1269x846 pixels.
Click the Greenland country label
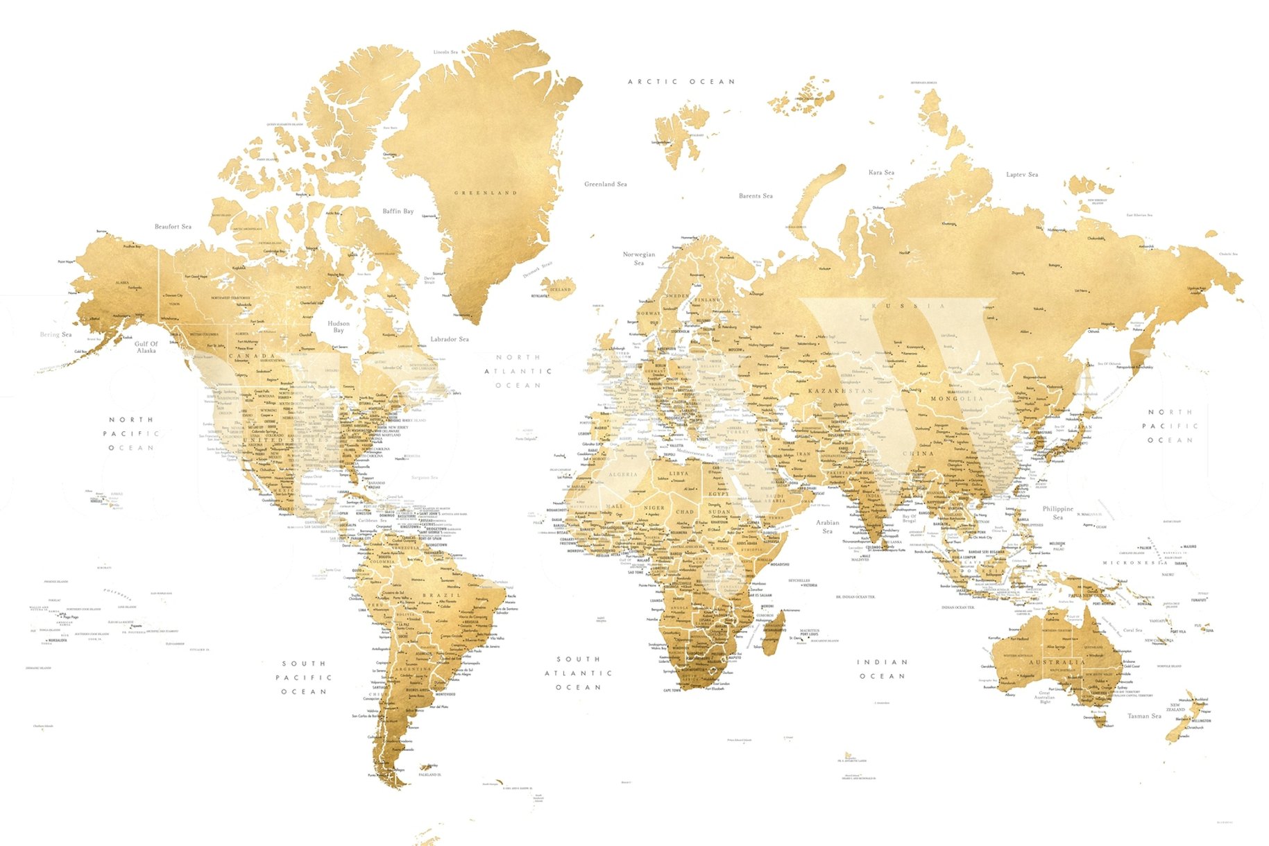tap(486, 193)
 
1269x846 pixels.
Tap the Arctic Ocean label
tap(681, 82)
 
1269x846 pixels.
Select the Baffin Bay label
tap(398, 211)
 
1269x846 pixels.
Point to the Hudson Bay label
tap(339, 327)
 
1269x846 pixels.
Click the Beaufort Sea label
tap(173, 227)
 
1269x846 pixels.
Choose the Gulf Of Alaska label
tap(146, 347)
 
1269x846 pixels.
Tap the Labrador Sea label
tap(449, 339)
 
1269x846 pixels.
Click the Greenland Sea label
tap(605, 184)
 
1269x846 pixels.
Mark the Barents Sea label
tap(756, 196)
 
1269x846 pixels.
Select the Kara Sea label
tap(881, 173)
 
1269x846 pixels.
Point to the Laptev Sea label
tap(1022, 175)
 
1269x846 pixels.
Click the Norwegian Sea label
tap(639, 259)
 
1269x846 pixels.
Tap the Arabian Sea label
tap(827, 527)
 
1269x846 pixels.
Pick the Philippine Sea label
tap(1057, 512)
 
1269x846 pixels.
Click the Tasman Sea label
tap(1144, 716)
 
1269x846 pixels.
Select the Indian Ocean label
tap(882, 669)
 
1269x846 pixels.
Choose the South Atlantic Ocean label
tap(578, 673)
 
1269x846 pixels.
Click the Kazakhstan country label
tap(840, 391)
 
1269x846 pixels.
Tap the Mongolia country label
tap(957, 399)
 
